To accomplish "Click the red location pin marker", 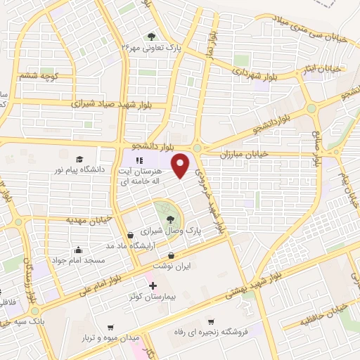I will [181, 164].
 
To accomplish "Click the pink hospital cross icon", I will [153, 286].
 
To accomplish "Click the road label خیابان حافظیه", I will [325, 314].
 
